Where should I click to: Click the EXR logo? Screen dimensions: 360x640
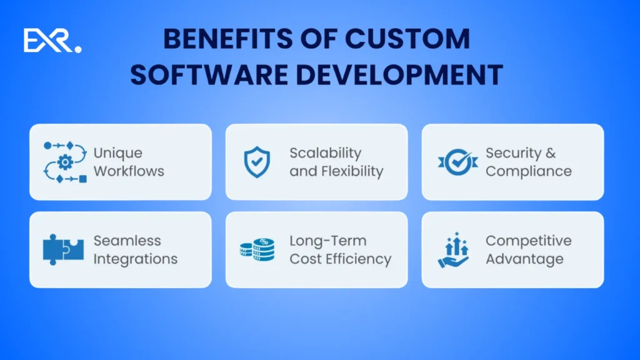click(52, 41)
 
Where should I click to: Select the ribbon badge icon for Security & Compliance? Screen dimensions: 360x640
click(457, 162)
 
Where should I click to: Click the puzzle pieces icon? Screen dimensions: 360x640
click(64, 249)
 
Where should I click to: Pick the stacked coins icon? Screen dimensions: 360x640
click(257, 249)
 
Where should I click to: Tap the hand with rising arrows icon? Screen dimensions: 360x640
click(453, 249)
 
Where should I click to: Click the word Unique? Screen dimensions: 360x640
click(118, 153)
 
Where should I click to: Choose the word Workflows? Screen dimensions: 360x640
click(129, 171)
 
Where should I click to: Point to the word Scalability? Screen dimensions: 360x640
click(326, 153)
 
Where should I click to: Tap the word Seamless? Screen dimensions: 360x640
click(127, 241)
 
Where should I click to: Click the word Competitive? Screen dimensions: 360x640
click(529, 241)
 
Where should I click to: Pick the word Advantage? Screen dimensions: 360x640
click(525, 259)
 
